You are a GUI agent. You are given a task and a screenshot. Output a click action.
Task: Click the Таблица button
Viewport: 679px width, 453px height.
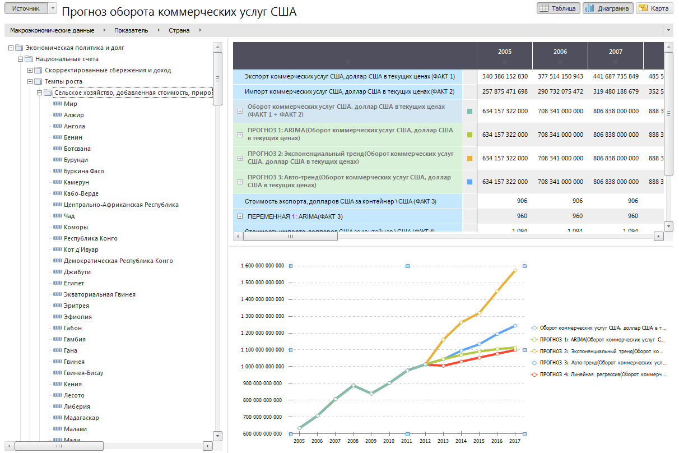[x=557, y=8]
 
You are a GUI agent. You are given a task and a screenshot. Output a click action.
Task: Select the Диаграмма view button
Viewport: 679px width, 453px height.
[x=608, y=8]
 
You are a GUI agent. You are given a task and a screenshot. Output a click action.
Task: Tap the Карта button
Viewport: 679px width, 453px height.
[x=654, y=8]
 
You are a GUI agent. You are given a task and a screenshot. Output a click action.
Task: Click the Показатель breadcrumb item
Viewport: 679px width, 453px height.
[x=132, y=30]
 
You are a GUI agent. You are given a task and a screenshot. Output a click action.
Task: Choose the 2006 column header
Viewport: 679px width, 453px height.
[x=560, y=52]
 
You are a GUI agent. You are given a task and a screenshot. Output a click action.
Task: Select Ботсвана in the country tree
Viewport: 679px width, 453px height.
[x=77, y=149]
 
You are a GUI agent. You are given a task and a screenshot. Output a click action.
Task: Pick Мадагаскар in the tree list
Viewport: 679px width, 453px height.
[x=82, y=418]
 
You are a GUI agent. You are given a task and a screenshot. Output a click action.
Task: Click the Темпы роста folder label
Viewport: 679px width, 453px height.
[x=63, y=81]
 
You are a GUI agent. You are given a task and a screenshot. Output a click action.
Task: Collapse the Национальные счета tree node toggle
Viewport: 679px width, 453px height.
[x=21, y=59]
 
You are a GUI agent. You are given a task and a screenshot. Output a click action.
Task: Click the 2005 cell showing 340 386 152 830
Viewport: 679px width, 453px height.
[x=505, y=76]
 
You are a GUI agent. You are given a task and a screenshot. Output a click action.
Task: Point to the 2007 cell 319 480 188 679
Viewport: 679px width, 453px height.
[x=616, y=91]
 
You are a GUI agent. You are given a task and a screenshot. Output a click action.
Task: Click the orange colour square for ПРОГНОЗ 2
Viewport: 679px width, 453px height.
[x=469, y=158]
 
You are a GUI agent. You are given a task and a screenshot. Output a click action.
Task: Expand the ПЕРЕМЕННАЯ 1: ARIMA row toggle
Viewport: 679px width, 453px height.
[x=240, y=216]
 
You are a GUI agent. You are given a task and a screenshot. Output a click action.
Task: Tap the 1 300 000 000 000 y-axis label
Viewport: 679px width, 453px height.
[x=263, y=316]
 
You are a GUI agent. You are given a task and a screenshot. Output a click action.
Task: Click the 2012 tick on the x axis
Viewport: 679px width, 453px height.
[x=425, y=441]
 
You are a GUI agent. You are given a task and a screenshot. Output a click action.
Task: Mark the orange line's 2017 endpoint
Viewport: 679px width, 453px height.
[x=515, y=270]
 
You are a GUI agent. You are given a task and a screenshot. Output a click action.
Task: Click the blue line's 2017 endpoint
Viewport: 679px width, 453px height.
[x=515, y=326]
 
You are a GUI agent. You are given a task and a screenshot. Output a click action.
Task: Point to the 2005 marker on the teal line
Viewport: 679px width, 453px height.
[x=300, y=428]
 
